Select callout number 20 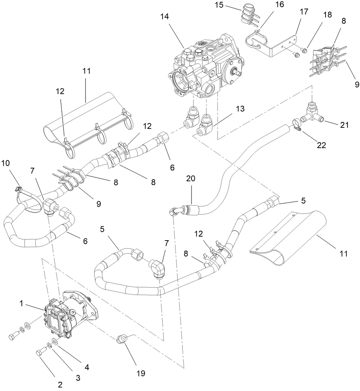(191, 178)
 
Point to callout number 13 (240, 109)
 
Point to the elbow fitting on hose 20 (175, 211)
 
